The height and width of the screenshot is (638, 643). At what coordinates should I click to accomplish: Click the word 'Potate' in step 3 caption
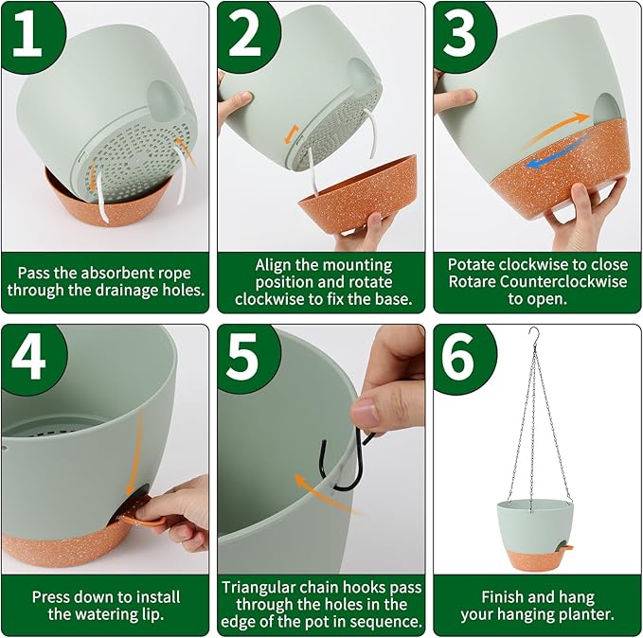point(474,264)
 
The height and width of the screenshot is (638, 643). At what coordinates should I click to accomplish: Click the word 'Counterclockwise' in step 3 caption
point(567,281)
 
